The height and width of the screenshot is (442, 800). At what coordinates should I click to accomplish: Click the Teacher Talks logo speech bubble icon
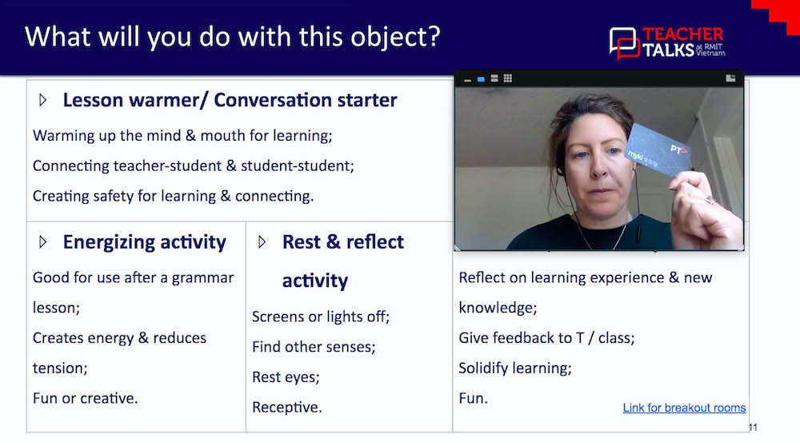coord(624,42)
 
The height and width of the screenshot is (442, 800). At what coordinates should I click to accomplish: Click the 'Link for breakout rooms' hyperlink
coord(684,408)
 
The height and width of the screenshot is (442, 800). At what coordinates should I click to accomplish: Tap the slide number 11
coord(752,428)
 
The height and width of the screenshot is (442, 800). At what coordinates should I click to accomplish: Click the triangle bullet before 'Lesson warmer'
coord(43,101)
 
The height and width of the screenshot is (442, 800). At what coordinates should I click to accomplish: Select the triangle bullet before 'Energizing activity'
coord(43,242)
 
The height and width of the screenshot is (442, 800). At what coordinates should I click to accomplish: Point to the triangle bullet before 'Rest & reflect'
coord(262,242)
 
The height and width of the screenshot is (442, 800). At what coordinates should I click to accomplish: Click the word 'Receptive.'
coord(286,407)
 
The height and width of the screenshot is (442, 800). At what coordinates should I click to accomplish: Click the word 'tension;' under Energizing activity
coord(60,368)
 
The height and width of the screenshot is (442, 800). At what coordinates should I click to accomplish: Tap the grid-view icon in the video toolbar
coord(507,78)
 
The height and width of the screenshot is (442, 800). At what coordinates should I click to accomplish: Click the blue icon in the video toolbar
coord(481,79)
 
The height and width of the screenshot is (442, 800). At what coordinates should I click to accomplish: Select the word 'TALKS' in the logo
coord(670,50)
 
